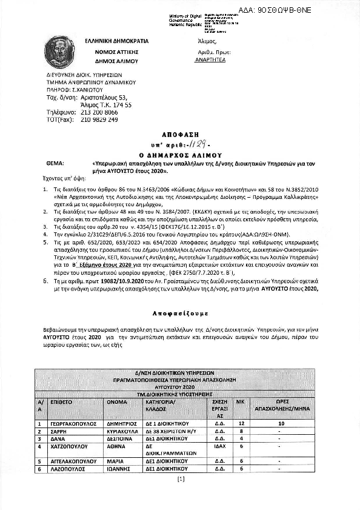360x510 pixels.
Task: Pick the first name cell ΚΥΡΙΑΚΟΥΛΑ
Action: pos(125,431)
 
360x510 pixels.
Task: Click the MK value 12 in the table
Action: pos(242,424)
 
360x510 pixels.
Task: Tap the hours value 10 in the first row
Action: pos(281,424)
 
